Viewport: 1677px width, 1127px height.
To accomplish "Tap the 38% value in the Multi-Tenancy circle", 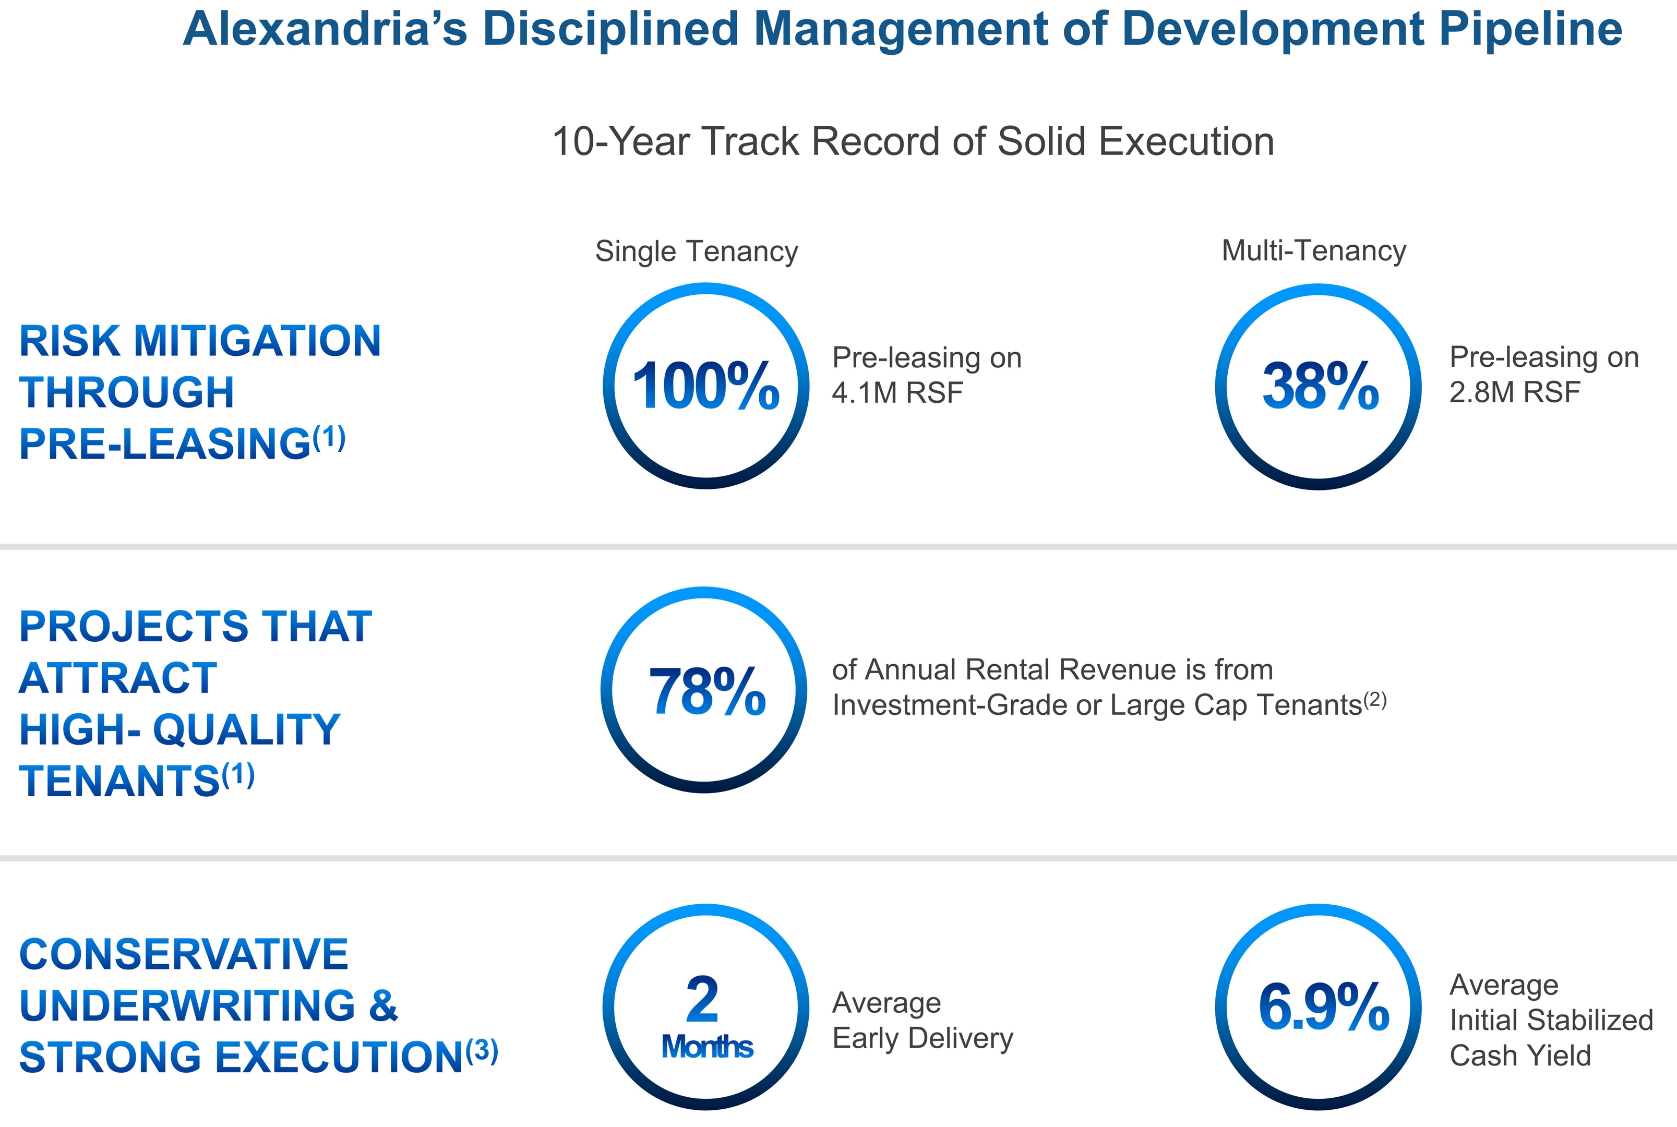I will pos(1320,387).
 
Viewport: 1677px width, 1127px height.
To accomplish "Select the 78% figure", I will pos(706,691).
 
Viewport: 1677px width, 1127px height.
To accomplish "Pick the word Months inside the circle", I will pos(706,1047).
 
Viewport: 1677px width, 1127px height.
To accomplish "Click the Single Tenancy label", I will pos(696,251).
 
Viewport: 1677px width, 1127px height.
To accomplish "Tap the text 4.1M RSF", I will pos(896,392).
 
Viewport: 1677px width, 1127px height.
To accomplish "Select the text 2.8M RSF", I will pos(1515,392).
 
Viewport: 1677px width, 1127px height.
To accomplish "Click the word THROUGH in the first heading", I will pos(126,392).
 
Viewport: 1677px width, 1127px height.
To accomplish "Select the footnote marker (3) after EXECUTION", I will pos(482,1051).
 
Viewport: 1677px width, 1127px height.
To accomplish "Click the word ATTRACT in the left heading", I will pos(118,678).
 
